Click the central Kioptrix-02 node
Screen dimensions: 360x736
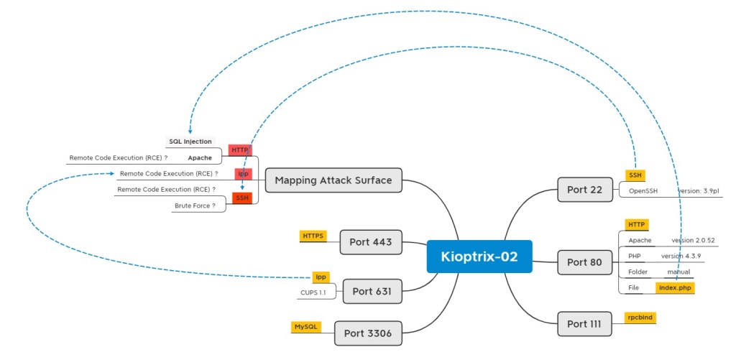[x=479, y=257]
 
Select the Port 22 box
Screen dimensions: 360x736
[x=584, y=190]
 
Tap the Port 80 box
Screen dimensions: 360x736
[x=584, y=262]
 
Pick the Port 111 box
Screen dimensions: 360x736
[x=584, y=323]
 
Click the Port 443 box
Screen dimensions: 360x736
[x=370, y=241]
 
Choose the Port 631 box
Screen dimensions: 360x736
[x=372, y=291]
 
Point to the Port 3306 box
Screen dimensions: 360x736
[x=368, y=332]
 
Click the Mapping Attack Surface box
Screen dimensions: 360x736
[x=333, y=180]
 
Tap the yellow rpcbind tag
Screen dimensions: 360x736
[x=640, y=317]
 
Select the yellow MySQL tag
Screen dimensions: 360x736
[x=305, y=326]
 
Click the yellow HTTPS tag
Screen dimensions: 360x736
[x=313, y=235]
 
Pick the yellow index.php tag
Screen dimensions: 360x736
[x=676, y=287]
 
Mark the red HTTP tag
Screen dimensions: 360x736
[x=240, y=149]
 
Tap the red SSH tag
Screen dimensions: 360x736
[x=242, y=198]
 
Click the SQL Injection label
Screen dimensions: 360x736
[x=190, y=142]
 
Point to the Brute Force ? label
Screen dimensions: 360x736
[x=195, y=206]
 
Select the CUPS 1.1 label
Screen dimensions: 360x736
[x=313, y=292]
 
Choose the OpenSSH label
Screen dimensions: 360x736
[x=643, y=191]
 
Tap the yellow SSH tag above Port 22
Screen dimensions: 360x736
[x=635, y=175]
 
